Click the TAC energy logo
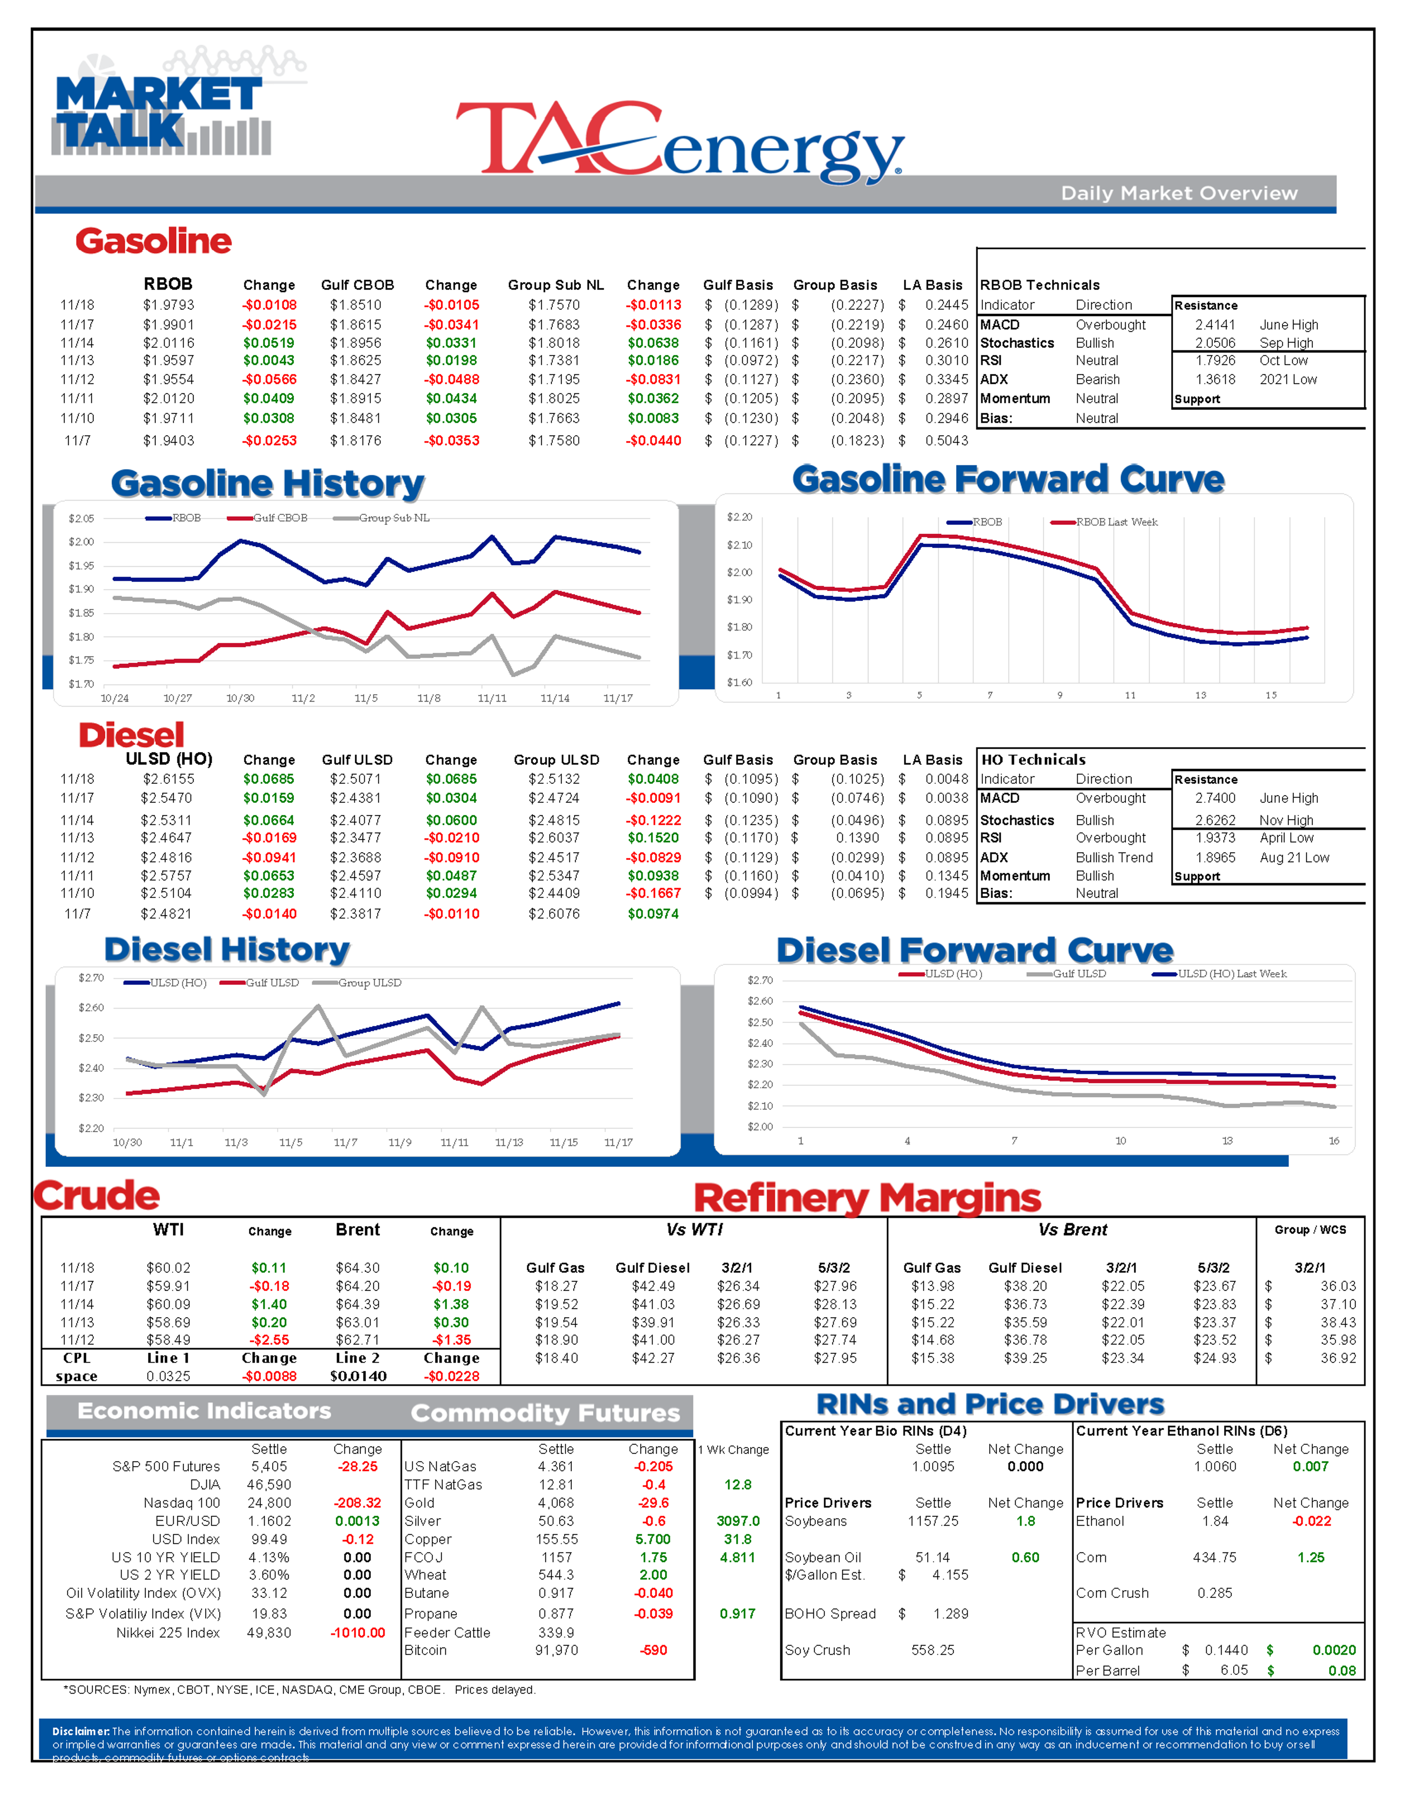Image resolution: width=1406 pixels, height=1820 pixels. [x=679, y=140]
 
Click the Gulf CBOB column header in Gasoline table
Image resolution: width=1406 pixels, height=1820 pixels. [x=357, y=285]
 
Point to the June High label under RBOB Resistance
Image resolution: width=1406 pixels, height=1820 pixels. [x=1288, y=325]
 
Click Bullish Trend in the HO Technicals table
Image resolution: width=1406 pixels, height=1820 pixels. [x=1114, y=857]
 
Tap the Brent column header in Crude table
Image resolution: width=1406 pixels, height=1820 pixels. [x=357, y=1230]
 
